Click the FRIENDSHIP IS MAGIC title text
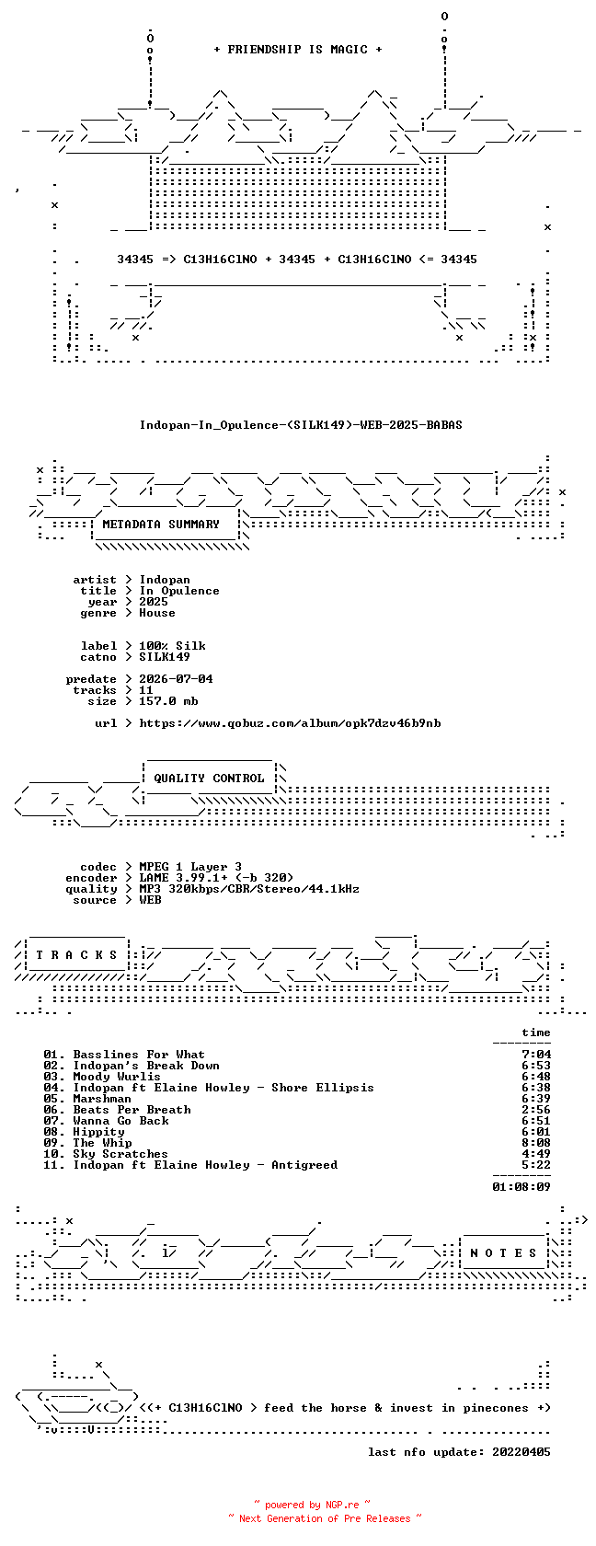[298, 50]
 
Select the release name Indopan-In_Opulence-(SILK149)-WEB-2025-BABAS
[301, 425]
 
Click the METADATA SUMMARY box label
[161, 525]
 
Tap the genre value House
[157, 613]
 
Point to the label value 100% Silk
[173, 646]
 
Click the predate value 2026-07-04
[176, 679]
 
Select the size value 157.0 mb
[168, 701]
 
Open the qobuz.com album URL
[290, 723]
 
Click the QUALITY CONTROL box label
[209, 779]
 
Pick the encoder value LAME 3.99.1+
[184, 878]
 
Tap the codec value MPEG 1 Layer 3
[190, 867]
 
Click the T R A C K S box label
[76, 955]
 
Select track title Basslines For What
[139, 1055]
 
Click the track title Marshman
[102, 1099]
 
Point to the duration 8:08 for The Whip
[536, 1143]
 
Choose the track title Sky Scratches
[120, 1154]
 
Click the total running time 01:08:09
[521, 1187]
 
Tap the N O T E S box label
[503, 1253]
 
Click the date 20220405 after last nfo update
[521, 1452]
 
